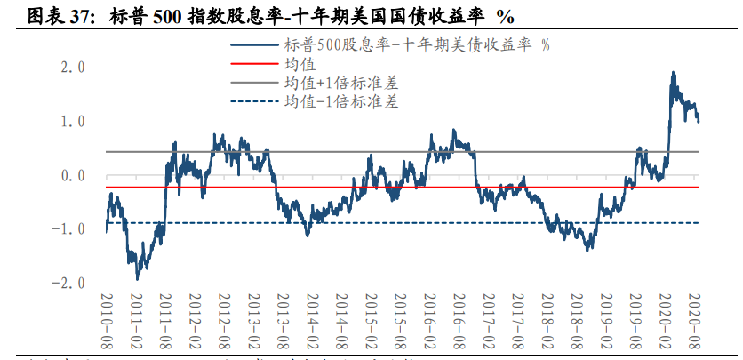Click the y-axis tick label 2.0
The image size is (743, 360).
[71, 68]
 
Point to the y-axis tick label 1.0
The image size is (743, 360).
[71, 121]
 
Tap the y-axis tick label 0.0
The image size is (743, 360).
[71, 175]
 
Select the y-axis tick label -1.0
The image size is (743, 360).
[68, 229]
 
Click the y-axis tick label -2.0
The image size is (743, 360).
[68, 283]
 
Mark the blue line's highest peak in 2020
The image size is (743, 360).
[673, 73]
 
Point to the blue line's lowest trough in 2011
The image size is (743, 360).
[137, 279]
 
